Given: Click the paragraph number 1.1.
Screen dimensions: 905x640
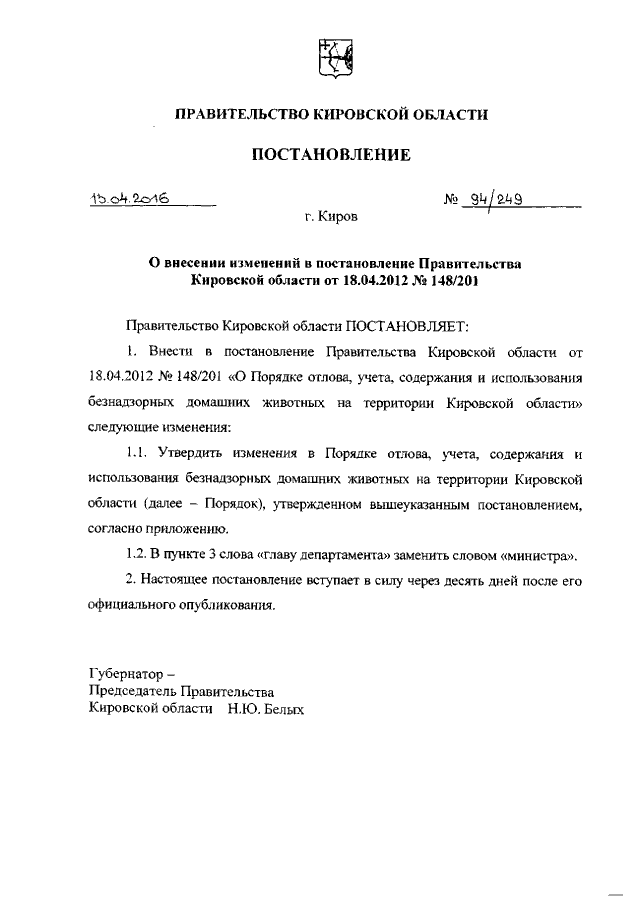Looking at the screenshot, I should (137, 453).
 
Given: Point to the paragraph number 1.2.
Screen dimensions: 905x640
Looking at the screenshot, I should (137, 555).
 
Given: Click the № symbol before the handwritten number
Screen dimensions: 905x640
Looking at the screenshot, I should (450, 198).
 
